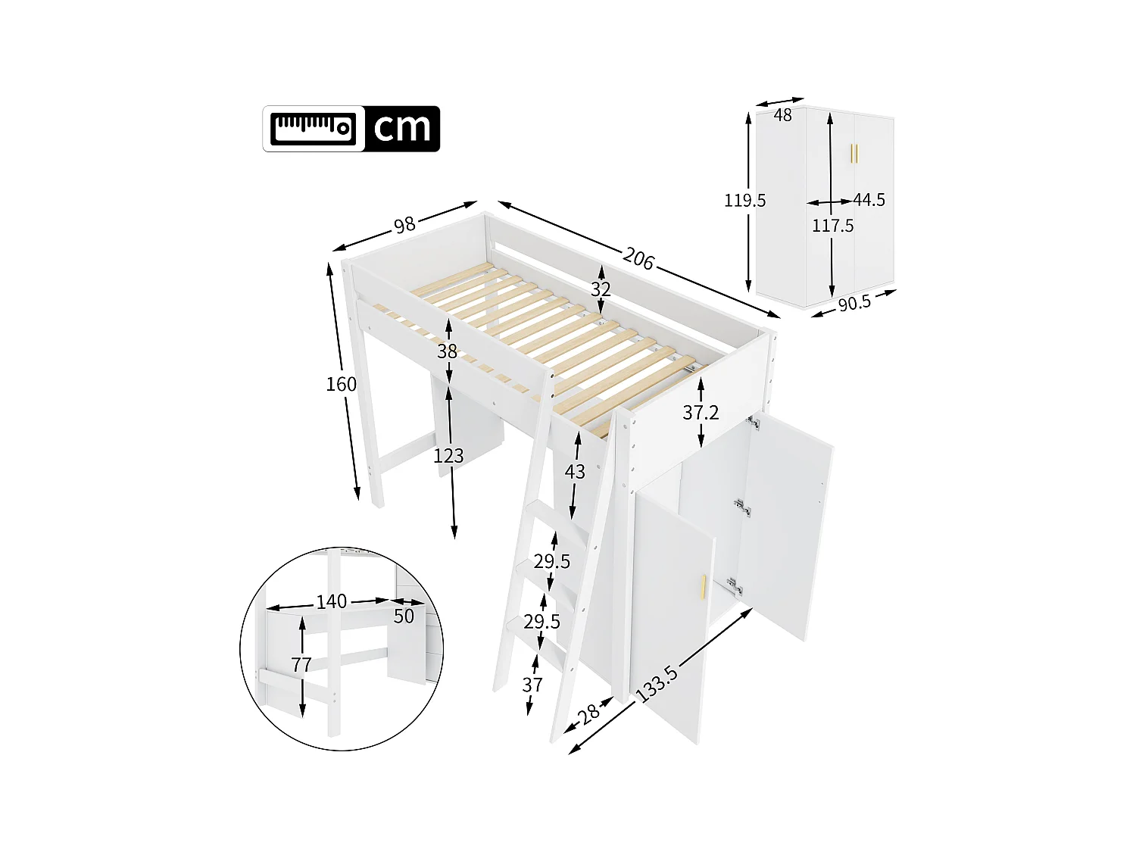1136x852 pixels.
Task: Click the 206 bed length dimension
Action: pyautogui.click(x=638, y=259)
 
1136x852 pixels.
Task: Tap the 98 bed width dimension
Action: pyautogui.click(x=404, y=224)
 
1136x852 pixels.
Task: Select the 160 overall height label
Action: pyautogui.click(x=341, y=384)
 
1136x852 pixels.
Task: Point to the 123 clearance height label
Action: pyautogui.click(x=448, y=456)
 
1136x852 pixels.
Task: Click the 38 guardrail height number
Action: pyautogui.click(x=447, y=351)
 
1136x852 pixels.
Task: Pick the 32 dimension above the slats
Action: pyautogui.click(x=601, y=289)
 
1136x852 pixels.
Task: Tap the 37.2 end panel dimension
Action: pyautogui.click(x=701, y=413)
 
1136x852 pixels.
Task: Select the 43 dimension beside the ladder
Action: pyautogui.click(x=575, y=472)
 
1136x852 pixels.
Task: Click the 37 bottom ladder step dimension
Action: pyautogui.click(x=532, y=685)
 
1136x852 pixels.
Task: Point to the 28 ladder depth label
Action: pyautogui.click(x=588, y=713)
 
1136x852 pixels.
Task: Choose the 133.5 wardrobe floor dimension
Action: pyautogui.click(x=657, y=684)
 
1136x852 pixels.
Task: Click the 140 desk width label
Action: pyautogui.click(x=331, y=602)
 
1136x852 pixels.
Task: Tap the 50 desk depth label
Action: pyautogui.click(x=404, y=616)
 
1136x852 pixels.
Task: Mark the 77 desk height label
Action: pyautogui.click(x=301, y=665)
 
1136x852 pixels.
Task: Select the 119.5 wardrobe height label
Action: pyautogui.click(x=744, y=201)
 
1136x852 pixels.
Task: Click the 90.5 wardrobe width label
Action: pyautogui.click(x=854, y=303)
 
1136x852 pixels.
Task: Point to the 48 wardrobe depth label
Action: pyautogui.click(x=783, y=115)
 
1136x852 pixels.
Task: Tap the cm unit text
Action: pyautogui.click(x=402, y=129)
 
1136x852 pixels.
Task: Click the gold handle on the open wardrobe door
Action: pyautogui.click(x=704, y=588)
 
